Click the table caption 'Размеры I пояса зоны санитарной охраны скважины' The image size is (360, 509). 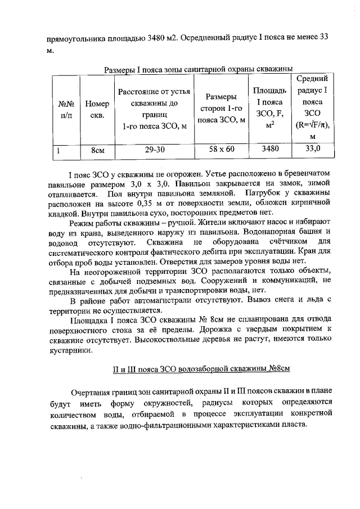[x=199, y=70]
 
